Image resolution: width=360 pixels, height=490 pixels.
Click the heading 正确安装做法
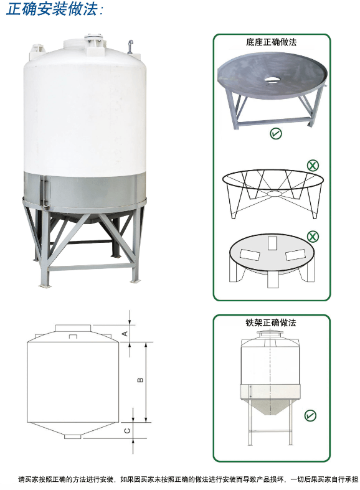point(54,9)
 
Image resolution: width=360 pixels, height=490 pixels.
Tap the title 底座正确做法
point(271,42)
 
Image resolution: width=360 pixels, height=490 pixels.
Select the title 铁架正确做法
point(271,323)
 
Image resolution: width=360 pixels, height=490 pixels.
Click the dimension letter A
point(125,334)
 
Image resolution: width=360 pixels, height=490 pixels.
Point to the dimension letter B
point(140,380)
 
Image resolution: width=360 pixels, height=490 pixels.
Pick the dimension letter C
point(127,431)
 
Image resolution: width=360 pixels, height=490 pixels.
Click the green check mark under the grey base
point(276,134)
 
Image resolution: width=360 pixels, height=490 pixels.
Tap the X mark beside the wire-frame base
point(313,165)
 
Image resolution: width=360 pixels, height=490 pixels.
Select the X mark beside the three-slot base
point(313,237)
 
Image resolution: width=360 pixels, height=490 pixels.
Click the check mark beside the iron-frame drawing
point(310,415)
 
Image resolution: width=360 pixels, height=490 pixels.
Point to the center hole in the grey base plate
point(273,78)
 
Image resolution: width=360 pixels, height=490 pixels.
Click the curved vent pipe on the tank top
point(130,47)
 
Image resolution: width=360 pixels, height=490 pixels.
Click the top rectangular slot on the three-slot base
point(272,243)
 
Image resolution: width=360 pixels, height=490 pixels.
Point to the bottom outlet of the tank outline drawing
point(72,436)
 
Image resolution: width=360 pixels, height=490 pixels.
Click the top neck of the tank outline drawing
point(73,329)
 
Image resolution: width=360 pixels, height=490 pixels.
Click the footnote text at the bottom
point(188,479)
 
